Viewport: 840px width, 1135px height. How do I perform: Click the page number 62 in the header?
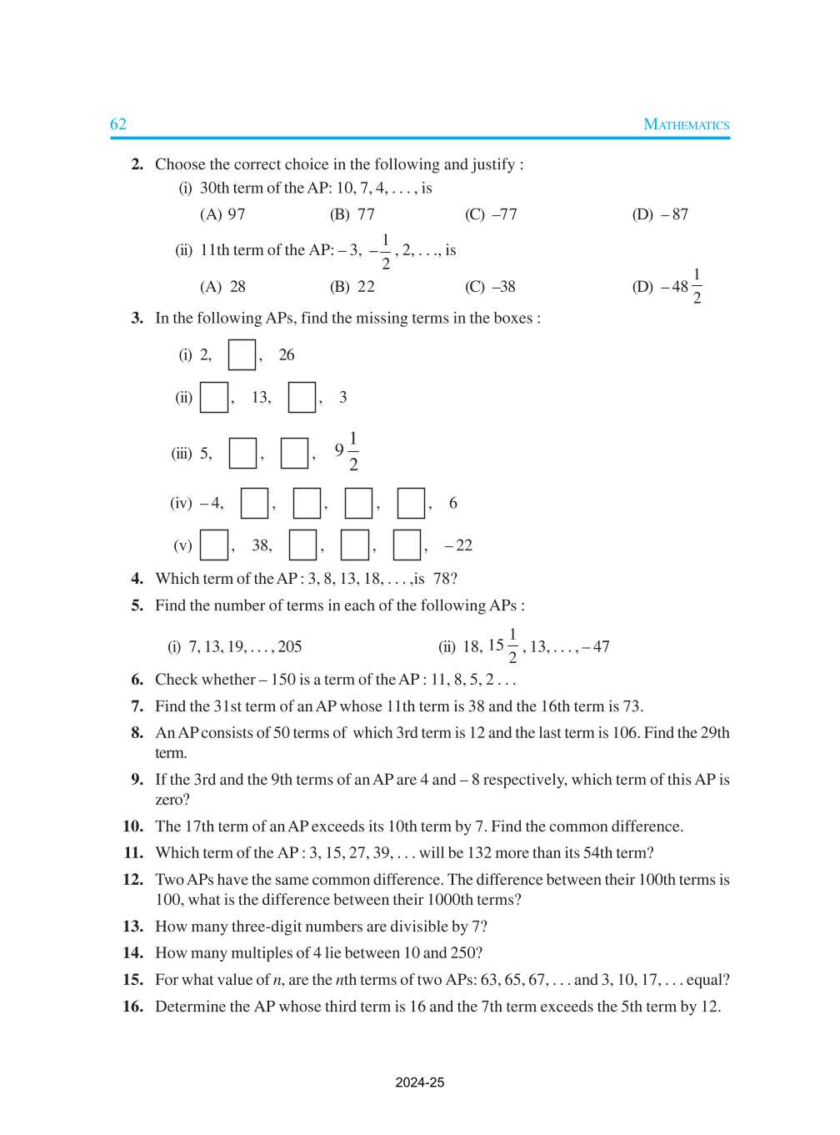pyautogui.click(x=118, y=124)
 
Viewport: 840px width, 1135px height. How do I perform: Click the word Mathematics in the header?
pyautogui.click(x=686, y=125)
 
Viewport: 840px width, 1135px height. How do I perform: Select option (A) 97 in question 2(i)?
pyautogui.click(x=222, y=214)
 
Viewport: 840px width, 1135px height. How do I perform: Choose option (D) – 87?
pyautogui.click(x=660, y=214)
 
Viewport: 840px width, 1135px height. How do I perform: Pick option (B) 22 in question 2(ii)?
pyautogui.click(x=352, y=287)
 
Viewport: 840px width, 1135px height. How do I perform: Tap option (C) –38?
pyautogui.click(x=490, y=287)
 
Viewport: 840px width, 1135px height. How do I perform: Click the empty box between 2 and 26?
pyautogui.click(x=242, y=354)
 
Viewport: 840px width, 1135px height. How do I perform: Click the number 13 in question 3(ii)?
pyautogui.click(x=261, y=397)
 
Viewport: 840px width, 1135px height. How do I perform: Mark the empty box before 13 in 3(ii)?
pyautogui.click(x=214, y=397)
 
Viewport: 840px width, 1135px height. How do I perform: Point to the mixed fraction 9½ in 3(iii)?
pyautogui.click(x=346, y=451)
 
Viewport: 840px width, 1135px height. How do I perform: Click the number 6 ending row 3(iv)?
pyautogui.click(x=452, y=503)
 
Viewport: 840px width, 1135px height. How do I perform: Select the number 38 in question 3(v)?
pyautogui.click(x=262, y=545)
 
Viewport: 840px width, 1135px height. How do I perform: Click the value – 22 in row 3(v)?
pyautogui.click(x=458, y=545)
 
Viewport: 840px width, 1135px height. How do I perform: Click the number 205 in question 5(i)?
pyautogui.click(x=289, y=647)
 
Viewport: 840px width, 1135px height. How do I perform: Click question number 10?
pyautogui.click(x=132, y=826)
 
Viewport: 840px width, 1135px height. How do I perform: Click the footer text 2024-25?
pyautogui.click(x=419, y=1083)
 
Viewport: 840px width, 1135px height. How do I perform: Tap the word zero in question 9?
pyautogui.click(x=169, y=800)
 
